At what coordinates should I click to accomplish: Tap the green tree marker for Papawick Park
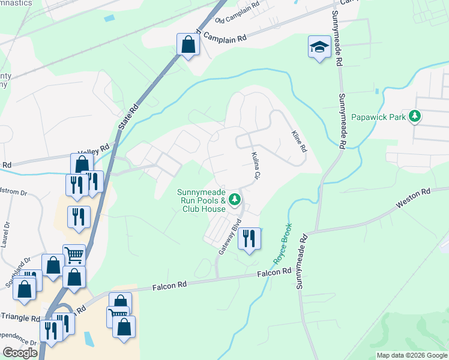(414, 116)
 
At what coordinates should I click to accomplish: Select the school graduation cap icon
(319, 47)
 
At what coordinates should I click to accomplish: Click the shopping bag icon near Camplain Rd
(188, 44)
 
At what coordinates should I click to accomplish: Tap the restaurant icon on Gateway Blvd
(249, 239)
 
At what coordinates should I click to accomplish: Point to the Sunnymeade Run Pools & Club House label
(201, 201)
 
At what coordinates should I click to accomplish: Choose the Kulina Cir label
(255, 166)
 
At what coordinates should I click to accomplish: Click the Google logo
(20, 352)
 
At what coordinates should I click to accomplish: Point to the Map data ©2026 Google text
(411, 355)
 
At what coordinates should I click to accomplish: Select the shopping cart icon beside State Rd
(74, 255)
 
